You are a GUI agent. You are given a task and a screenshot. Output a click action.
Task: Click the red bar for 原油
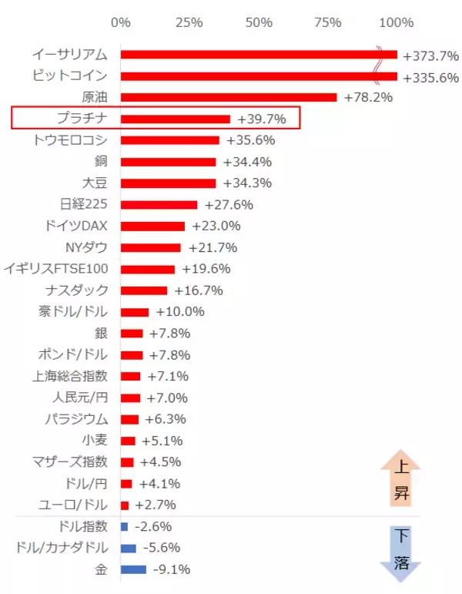229,97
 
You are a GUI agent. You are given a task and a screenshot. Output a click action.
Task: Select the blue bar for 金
133,569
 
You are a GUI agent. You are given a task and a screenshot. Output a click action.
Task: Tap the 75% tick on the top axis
329,22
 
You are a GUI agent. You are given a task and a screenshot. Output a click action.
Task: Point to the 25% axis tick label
189,22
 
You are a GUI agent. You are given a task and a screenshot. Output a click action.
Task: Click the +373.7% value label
430,55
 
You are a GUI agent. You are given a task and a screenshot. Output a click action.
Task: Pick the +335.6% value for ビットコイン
430,77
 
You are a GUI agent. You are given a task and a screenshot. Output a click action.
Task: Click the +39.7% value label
262,119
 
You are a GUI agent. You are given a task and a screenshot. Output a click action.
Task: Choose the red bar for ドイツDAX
152,227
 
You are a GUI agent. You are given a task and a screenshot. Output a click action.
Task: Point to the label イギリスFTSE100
55,269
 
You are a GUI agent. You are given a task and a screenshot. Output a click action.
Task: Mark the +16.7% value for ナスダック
199,290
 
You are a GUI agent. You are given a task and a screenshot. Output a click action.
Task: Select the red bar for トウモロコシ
170,140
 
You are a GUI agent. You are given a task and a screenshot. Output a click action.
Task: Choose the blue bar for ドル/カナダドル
129,548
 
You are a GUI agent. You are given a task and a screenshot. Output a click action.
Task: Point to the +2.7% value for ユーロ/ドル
156,505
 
